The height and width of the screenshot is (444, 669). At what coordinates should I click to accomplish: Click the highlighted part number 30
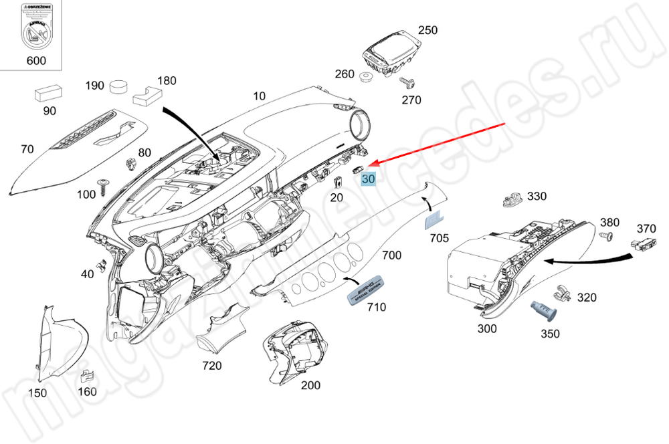tap(369, 179)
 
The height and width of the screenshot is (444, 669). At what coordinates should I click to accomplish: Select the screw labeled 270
tap(407, 84)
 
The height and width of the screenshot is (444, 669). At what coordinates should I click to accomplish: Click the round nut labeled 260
tap(365, 77)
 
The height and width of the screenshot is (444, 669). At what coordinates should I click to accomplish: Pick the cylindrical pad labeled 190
tap(119, 86)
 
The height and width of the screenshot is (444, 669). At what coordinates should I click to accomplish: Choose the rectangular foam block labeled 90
tap(49, 93)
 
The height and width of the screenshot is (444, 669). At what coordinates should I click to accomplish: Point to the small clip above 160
tap(88, 376)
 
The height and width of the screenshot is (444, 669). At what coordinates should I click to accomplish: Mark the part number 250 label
tap(427, 30)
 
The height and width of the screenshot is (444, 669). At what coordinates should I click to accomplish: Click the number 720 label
tap(212, 366)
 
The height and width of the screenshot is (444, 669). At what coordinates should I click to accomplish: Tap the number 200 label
tap(311, 385)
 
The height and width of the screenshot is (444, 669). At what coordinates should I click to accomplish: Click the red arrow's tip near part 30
tap(372, 164)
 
